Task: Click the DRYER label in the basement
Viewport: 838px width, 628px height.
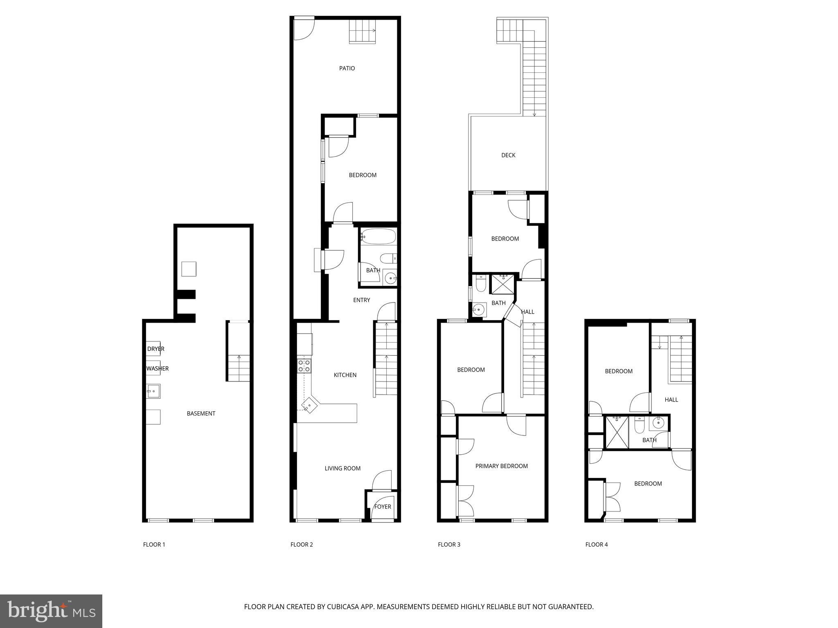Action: [155, 349]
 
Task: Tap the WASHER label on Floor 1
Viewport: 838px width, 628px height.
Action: [158, 368]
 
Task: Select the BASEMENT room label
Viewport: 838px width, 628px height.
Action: [201, 413]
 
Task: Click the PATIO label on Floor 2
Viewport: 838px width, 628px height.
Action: [347, 68]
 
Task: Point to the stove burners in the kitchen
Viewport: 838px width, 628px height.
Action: [304, 366]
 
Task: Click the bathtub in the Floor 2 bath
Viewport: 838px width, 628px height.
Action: [378, 237]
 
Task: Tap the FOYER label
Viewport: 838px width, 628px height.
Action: [383, 507]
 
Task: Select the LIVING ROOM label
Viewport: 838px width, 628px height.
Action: [342, 469]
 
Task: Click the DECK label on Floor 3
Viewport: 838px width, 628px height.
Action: [508, 155]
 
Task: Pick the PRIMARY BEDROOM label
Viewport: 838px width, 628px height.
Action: [502, 466]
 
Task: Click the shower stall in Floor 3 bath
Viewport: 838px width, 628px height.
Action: [502, 284]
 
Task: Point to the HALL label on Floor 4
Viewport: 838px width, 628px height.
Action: [671, 400]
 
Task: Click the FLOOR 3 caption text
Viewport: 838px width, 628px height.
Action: [449, 545]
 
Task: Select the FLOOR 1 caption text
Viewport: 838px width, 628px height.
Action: [154, 545]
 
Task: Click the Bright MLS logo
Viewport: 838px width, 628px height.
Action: [51, 611]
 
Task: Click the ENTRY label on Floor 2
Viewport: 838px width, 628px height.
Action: [362, 300]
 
